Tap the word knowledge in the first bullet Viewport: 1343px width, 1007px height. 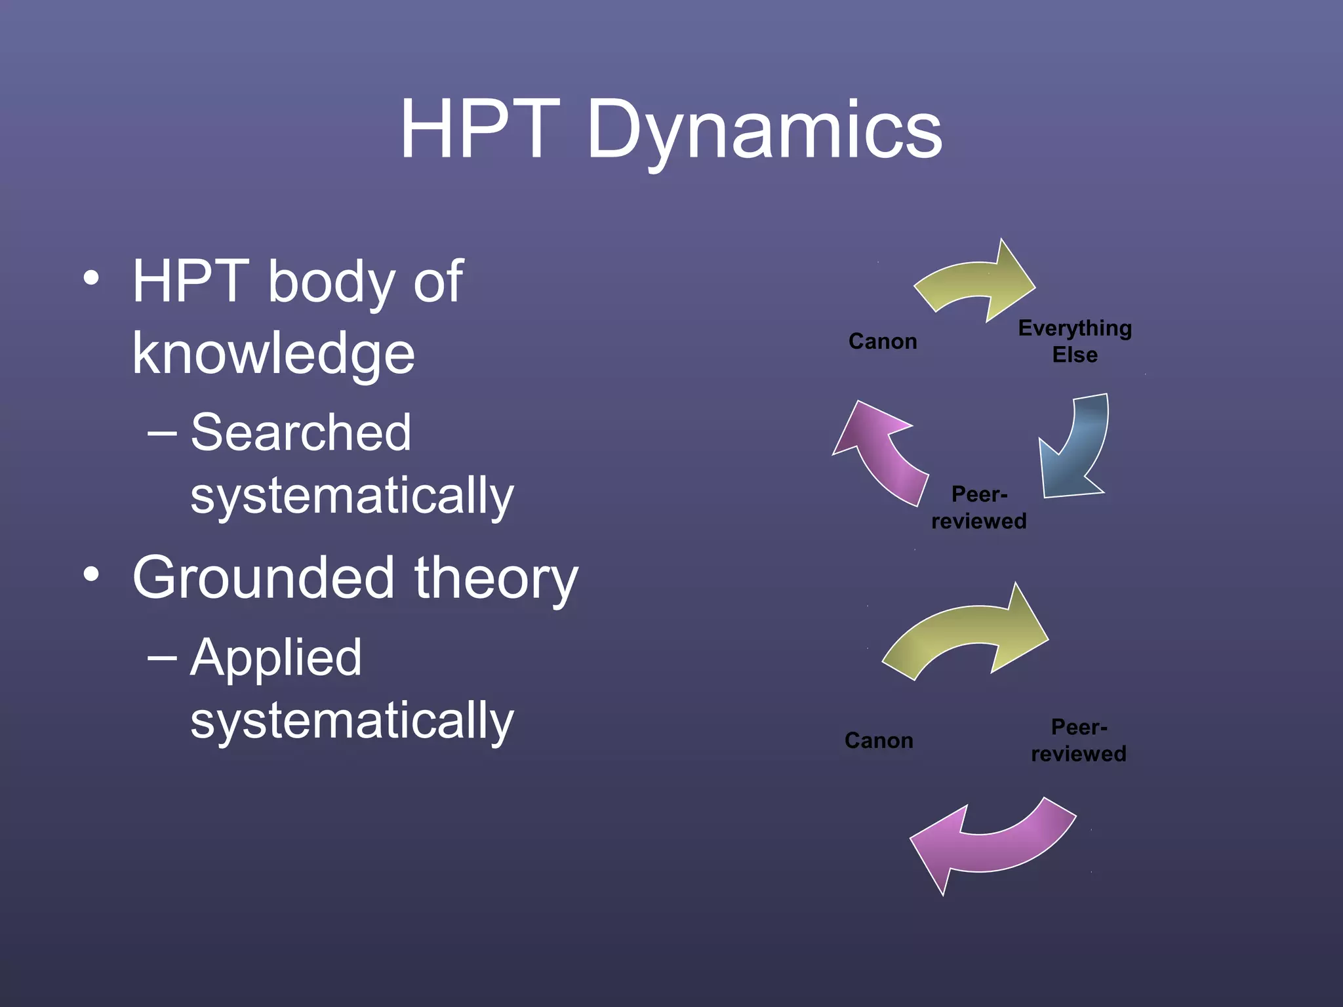click(x=273, y=354)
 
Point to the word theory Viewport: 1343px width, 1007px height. click(x=496, y=578)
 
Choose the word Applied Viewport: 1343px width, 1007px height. click(x=275, y=658)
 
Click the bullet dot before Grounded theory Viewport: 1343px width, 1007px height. click(x=92, y=575)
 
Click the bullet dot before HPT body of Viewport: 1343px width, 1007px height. click(x=92, y=278)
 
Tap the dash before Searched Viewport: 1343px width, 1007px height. click(x=162, y=433)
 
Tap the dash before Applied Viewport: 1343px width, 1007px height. click(x=162, y=658)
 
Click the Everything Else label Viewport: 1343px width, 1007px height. click(x=1075, y=341)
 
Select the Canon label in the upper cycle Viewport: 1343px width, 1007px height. click(x=883, y=342)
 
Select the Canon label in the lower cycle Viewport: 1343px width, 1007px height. click(x=879, y=741)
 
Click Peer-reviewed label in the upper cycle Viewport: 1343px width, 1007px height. click(x=979, y=507)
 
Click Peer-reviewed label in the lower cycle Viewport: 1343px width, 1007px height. click(x=1079, y=741)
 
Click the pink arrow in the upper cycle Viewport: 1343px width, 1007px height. click(x=882, y=452)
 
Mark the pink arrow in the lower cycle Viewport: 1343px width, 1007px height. click(x=990, y=846)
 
